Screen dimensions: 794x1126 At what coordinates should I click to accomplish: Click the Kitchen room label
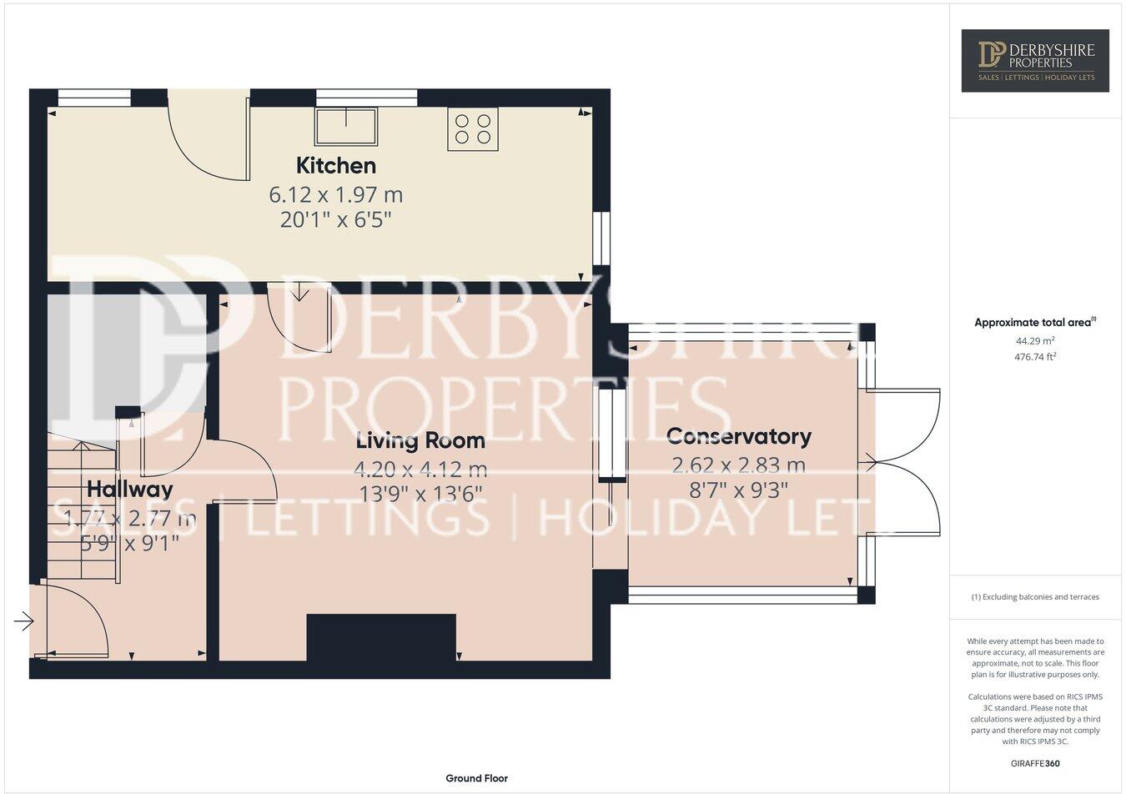pos(336,165)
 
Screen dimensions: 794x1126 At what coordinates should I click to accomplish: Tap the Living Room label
pos(420,440)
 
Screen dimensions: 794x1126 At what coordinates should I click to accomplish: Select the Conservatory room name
pos(738,436)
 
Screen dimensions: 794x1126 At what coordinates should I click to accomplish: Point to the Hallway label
pos(129,489)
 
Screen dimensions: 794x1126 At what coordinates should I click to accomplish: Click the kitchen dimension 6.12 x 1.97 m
pos(335,194)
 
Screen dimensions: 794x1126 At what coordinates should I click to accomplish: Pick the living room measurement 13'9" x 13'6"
pos(420,494)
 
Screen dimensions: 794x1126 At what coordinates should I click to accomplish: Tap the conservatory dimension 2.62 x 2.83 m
pos(738,465)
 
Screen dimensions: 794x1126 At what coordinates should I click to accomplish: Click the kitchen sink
pos(345,126)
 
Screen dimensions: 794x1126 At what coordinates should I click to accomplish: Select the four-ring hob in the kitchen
pos(472,128)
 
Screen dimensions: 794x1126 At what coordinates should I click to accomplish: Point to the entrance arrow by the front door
pos(23,621)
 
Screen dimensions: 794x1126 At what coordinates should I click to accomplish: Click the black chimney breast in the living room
pos(381,637)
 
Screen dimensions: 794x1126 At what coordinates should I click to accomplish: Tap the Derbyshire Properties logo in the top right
pos(1035,60)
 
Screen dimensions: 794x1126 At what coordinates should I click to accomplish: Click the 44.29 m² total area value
pos(1035,340)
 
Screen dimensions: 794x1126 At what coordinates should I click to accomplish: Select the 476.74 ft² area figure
pos(1035,356)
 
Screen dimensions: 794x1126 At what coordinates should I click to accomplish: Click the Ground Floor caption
pos(476,778)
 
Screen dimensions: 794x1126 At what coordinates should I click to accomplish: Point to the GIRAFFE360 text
pos(1035,763)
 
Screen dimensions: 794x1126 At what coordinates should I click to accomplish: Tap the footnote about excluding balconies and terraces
pos(1035,597)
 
